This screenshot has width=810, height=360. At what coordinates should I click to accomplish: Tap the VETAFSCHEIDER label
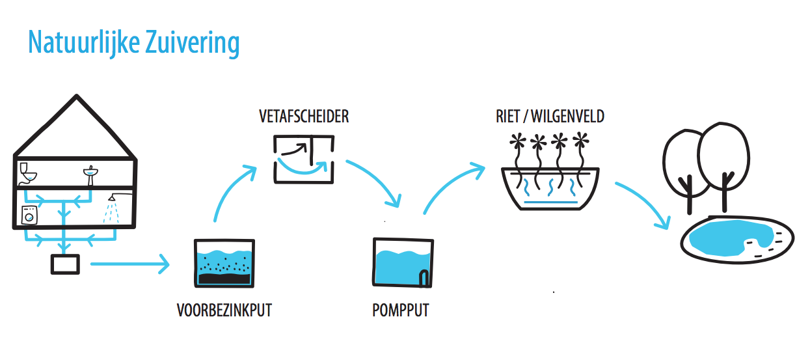[x=303, y=117]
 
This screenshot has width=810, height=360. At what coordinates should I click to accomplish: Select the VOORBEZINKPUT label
[x=224, y=311]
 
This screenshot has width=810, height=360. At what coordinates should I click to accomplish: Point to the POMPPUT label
[x=401, y=311]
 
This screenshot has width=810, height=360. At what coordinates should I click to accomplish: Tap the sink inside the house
[x=90, y=173]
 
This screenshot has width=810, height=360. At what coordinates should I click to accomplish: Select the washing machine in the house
[x=29, y=215]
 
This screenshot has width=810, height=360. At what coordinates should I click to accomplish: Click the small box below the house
[x=65, y=264]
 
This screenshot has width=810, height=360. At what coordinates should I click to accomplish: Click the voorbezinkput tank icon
[x=224, y=262]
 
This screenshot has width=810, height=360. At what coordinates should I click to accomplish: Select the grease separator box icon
[x=303, y=158]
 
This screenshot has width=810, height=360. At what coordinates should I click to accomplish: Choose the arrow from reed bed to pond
[x=644, y=204]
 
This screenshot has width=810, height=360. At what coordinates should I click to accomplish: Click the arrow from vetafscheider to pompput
[x=377, y=182]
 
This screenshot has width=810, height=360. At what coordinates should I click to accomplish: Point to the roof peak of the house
[x=76, y=98]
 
